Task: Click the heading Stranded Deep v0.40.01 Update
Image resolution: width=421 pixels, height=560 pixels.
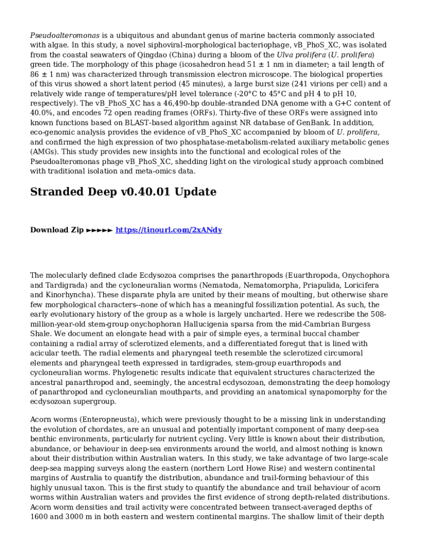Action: click(123, 192)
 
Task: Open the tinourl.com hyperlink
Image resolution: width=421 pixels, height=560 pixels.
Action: click(168, 230)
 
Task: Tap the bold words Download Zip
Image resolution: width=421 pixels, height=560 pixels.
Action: click(57, 230)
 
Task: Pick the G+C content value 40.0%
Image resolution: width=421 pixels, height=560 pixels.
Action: click(43, 113)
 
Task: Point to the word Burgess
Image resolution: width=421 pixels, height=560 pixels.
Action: click(354, 324)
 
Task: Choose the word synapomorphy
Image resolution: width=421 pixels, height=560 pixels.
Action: click(324, 392)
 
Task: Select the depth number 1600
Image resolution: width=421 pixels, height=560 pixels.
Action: click(42, 517)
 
